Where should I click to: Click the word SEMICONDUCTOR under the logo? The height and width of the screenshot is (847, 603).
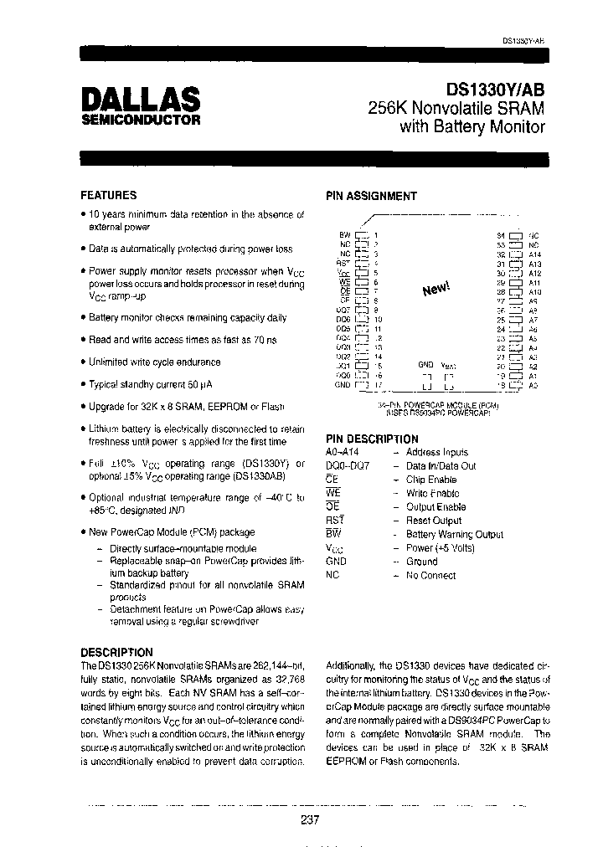point(140,120)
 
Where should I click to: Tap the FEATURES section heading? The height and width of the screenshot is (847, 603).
point(108,195)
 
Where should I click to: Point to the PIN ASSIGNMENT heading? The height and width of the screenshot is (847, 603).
point(370,196)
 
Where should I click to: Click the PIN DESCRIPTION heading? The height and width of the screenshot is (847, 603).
point(371,439)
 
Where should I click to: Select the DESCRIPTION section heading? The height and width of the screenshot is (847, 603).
point(116,651)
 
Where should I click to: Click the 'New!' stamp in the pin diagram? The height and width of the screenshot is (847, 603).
point(436,289)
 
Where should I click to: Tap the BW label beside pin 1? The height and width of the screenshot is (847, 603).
point(344,235)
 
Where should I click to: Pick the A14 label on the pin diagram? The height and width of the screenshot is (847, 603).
point(535,254)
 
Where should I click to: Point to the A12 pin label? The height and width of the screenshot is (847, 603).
point(535,273)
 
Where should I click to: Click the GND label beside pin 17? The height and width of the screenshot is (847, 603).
point(343,384)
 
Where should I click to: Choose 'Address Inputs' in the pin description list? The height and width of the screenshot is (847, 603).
point(436,452)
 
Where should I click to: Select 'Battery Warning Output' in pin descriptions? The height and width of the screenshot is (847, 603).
point(454,534)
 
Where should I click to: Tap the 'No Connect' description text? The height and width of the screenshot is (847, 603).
point(430,575)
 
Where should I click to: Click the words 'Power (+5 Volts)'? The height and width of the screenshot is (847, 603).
point(441,547)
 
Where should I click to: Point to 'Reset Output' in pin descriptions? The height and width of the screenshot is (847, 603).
point(433,521)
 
